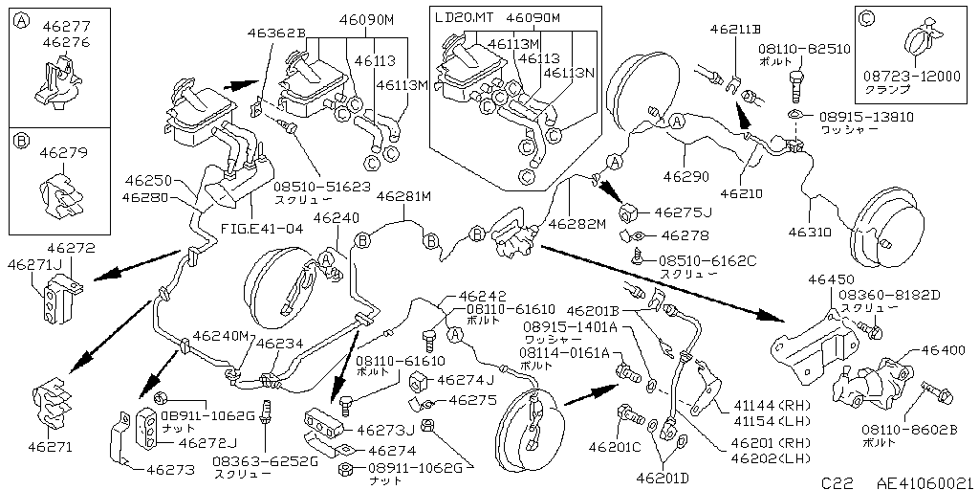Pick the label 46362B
tap(275, 33)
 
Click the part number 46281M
tap(404, 196)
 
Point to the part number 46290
tap(687, 177)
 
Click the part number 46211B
tap(736, 30)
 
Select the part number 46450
tap(830, 279)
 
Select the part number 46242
tap(483, 297)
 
